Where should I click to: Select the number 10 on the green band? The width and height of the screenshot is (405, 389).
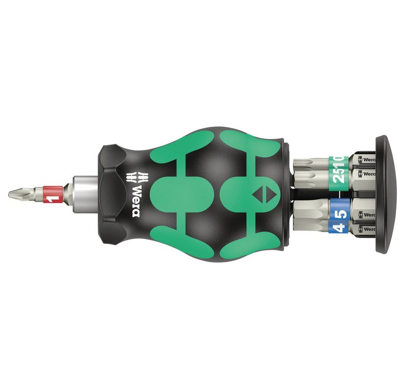[x=341, y=160]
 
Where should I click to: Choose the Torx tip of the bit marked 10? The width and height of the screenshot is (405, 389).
[x=304, y=162]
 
